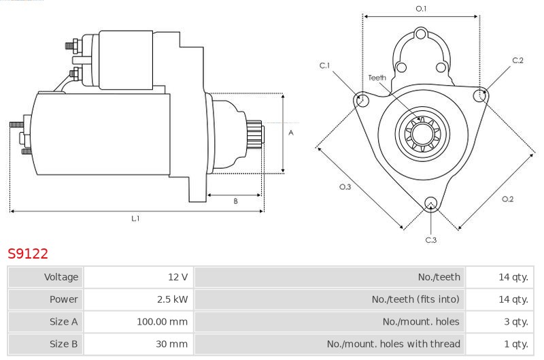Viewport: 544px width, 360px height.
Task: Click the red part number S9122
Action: click(x=28, y=254)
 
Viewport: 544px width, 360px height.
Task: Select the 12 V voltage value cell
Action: click(x=177, y=277)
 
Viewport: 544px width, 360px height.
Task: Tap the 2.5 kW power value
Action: click(x=173, y=299)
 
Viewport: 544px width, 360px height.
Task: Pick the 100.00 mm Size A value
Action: click(x=162, y=321)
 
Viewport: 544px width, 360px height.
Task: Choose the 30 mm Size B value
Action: click(x=171, y=344)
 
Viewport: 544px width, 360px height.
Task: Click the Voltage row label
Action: click(x=61, y=277)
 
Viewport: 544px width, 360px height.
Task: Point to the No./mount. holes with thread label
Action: click(x=394, y=344)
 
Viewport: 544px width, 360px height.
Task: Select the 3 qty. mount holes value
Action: click(x=516, y=322)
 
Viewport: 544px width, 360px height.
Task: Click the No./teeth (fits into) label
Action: click(x=415, y=299)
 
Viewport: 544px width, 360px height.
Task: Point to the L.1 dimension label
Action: click(x=135, y=218)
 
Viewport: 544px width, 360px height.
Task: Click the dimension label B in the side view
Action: click(x=235, y=201)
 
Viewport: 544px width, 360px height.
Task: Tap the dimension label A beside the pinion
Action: click(x=291, y=133)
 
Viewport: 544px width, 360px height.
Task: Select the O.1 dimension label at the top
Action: click(x=421, y=9)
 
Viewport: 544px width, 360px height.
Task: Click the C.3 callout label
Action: click(x=431, y=240)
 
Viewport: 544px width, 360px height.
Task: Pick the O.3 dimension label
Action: click(x=345, y=187)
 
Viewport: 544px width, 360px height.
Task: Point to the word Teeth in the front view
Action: click(x=377, y=78)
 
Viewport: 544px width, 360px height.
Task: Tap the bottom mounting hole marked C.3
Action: click(x=431, y=203)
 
